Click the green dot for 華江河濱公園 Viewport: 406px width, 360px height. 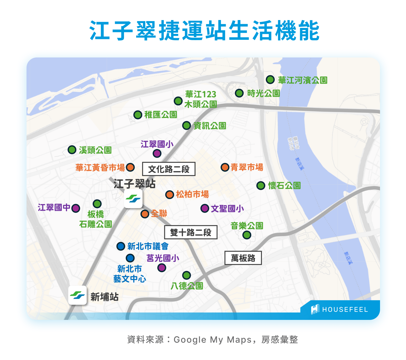coord(270,80)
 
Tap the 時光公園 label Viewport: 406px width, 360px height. coord(263,94)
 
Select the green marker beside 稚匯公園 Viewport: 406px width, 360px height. coord(138,115)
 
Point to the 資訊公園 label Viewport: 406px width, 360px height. coord(210,126)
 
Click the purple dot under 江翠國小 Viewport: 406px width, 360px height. coord(157,153)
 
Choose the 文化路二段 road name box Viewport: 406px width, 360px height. coord(169,169)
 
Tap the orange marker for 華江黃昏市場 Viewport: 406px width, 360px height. coord(130,167)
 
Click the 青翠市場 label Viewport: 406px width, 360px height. coord(247,167)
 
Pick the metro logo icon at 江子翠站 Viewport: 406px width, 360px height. coord(133,199)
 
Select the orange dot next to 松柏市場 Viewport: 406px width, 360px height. coord(169,194)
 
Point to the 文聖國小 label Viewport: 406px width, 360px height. coord(227,208)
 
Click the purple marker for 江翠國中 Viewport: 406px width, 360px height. coord(76,208)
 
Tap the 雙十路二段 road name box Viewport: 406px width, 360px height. coord(191,232)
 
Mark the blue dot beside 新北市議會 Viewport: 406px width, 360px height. coord(120,246)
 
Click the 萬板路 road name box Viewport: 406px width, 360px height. coord(243,258)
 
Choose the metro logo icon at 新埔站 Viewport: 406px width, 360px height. coord(77,295)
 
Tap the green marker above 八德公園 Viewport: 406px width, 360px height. coord(186,275)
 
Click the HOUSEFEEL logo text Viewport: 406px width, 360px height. coord(345,310)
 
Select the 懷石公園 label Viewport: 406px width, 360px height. coord(284,186)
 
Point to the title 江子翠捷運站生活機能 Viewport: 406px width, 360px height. coord(204,31)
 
